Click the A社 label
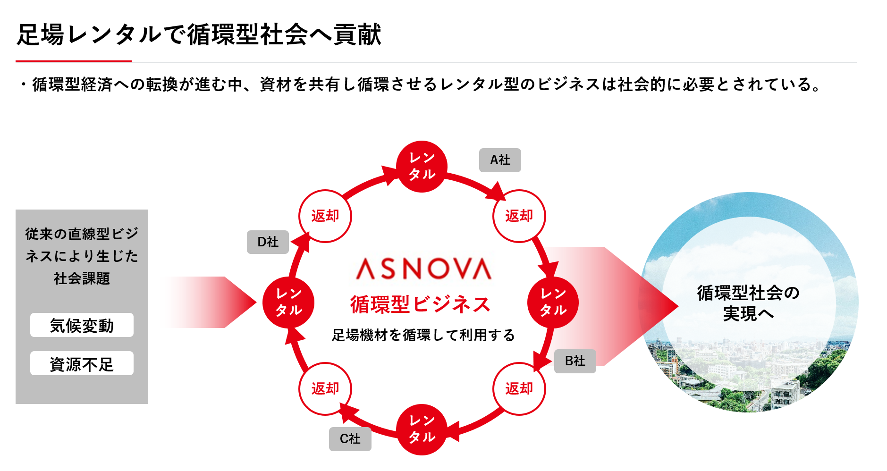pos(500,160)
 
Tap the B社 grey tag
pos(575,361)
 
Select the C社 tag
pos(350,439)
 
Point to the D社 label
pos(268,242)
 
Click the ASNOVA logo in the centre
pos(423,269)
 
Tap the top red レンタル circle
pos(422,166)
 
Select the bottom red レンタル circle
pos(422,429)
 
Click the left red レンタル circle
pos(288,302)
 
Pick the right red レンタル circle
pos(553,302)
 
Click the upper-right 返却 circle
pos(519,216)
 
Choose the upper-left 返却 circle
pos(325,216)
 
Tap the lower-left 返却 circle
pos(325,388)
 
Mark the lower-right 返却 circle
pos(519,388)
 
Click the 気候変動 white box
pos(82,325)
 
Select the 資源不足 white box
pos(82,363)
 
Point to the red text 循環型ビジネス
pos(420,304)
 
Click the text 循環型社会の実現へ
pos(748,303)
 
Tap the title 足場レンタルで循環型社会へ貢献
pos(199,35)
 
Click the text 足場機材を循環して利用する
pos(423,335)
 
